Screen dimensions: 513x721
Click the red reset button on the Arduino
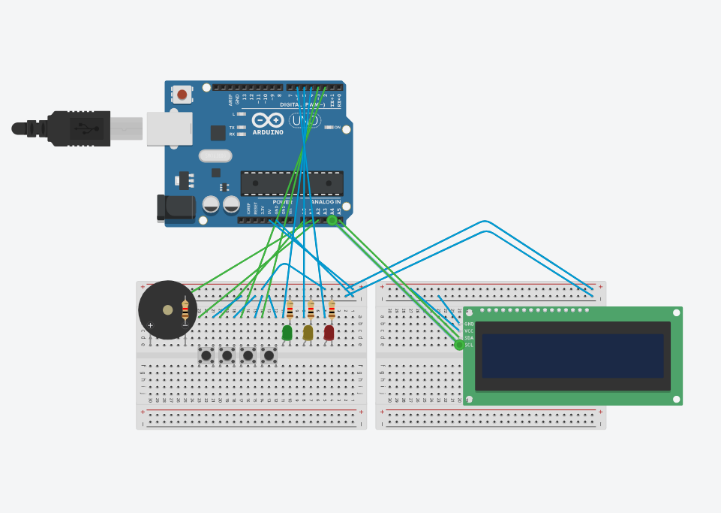coord(182,95)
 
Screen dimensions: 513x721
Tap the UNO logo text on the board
coord(305,120)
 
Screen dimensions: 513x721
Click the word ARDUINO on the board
coord(268,133)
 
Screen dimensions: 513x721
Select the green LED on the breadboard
coord(287,332)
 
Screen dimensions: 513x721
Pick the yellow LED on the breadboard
coord(308,332)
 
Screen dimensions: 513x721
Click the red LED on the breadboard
coord(329,332)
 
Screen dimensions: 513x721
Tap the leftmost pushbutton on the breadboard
coord(206,355)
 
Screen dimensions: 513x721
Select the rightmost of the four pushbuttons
coord(269,355)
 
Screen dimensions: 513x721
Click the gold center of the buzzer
coord(168,309)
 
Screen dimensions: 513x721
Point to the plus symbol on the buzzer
coord(150,325)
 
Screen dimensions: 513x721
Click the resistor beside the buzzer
coord(185,310)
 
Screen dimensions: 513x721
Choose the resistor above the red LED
coord(332,309)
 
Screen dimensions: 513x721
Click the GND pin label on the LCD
coord(469,324)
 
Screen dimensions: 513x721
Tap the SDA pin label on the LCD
coord(469,338)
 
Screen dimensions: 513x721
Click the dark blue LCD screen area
coord(572,356)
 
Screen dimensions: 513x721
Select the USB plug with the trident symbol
coord(87,128)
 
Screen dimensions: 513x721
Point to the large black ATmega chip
coord(292,183)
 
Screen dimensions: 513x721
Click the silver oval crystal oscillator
coord(215,155)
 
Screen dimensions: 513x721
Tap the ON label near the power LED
coord(337,128)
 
